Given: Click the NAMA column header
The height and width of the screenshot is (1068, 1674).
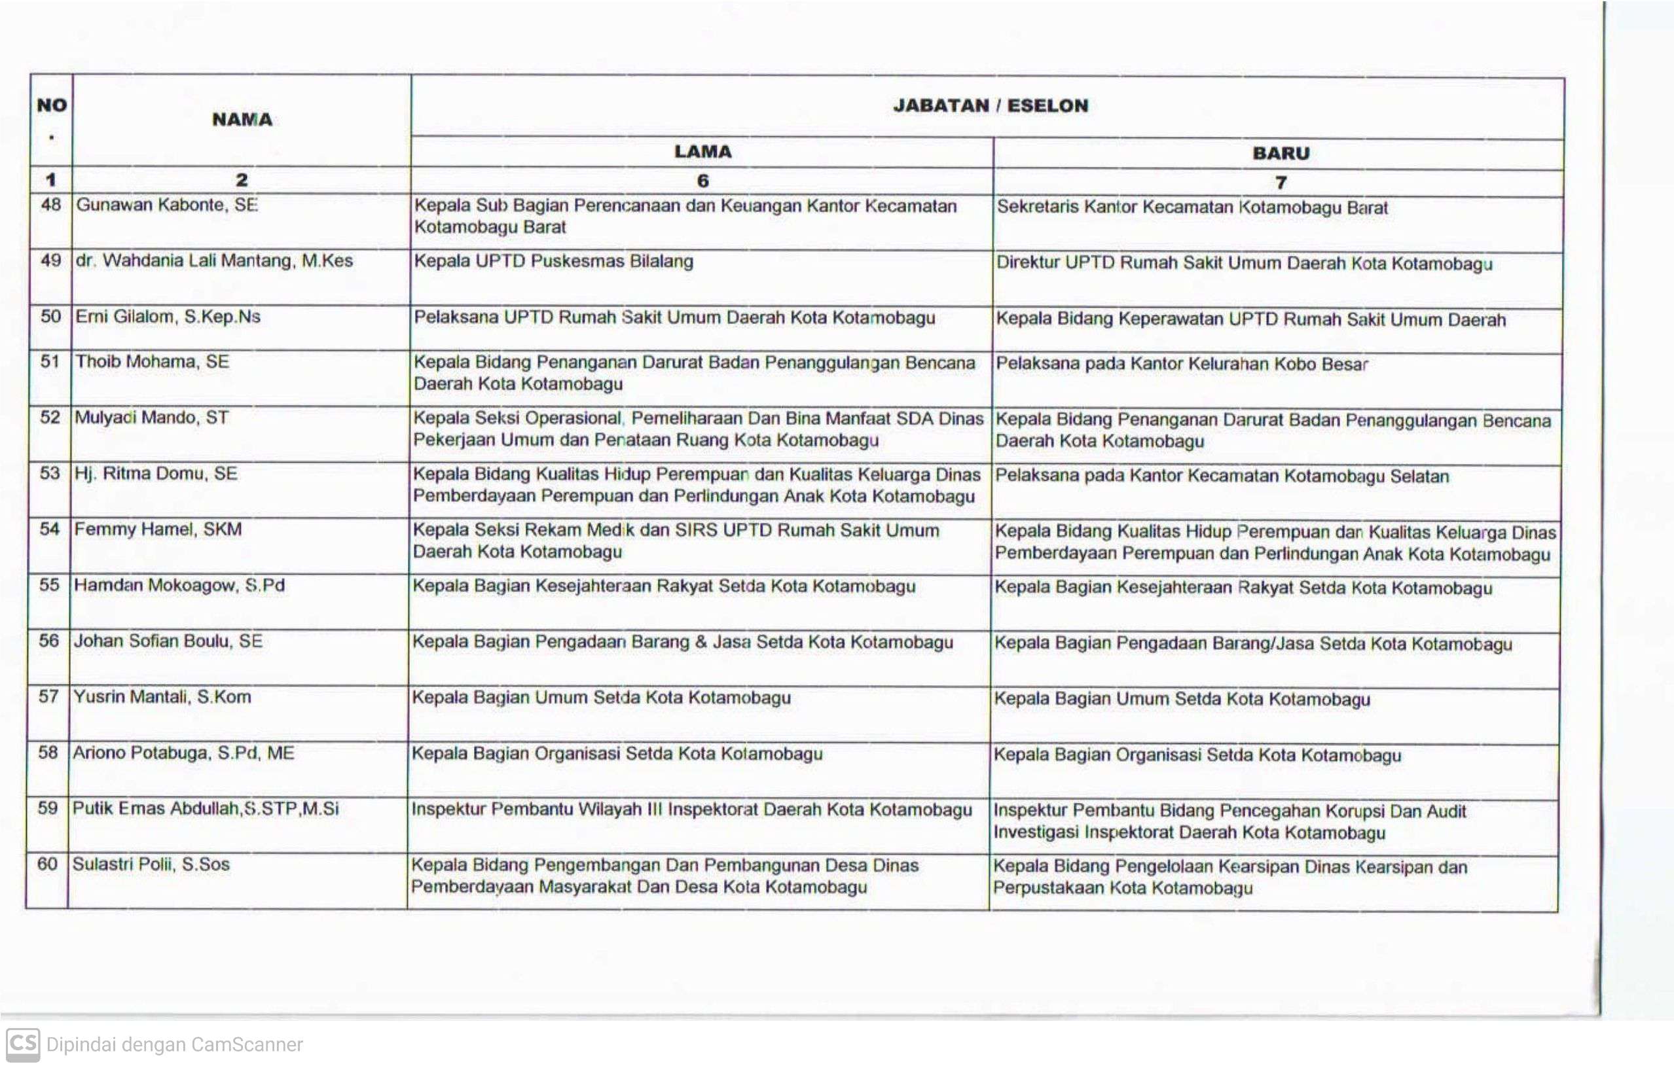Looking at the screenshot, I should pyautogui.click(x=242, y=120).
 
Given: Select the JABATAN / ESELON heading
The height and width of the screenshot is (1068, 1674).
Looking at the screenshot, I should pyautogui.click(x=990, y=105).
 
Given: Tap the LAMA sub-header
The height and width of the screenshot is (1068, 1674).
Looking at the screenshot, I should pyautogui.click(x=703, y=151).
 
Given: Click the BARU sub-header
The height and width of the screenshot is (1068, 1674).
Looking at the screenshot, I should pyautogui.click(x=1281, y=154).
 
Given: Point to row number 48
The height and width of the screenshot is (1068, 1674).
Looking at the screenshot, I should pyautogui.click(x=51, y=205).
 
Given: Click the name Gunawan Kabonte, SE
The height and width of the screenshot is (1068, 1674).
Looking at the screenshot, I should pyautogui.click(x=167, y=205).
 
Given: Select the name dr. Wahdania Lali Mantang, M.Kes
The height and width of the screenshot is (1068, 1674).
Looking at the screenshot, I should pyautogui.click(x=214, y=260).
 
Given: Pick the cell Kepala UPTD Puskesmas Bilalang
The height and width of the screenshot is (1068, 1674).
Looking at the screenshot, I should pyautogui.click(x=553, y=261).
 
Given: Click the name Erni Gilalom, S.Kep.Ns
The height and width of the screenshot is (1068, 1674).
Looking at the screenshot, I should pyautogui.click(x=168, y=317).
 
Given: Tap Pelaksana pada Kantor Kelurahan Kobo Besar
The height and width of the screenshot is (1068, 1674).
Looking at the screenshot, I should pyautogui.click(x=1182, y=364).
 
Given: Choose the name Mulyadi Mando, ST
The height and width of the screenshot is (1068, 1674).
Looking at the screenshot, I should pyautogui.click(x=151, y=418).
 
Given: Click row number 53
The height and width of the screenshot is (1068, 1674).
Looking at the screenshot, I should pyautogui.click(x=50, y=474).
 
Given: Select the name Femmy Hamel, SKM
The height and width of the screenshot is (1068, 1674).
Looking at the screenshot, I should pyautogui.click(x=158, y=529).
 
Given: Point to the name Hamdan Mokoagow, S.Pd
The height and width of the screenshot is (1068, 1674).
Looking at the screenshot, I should pyautogui.click(x=179, y=585).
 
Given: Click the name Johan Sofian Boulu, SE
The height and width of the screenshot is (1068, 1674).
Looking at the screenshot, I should pyautogui.click(x=168, y=641).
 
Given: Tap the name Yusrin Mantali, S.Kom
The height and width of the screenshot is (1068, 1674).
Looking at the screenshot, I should pyautogui.click(x=162, y=697).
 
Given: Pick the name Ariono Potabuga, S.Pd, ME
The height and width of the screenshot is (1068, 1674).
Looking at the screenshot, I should pyautogui.click(x=183, y=753).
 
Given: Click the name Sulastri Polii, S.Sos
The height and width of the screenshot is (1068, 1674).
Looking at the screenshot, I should pyautogui.click(x=151, y=864).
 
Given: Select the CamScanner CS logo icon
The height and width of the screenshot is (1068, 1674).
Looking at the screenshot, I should pyautogui.click(x=22, y=1044).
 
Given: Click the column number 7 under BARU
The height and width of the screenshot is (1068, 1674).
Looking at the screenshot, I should pyautogui.click(x=1281, y=182).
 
